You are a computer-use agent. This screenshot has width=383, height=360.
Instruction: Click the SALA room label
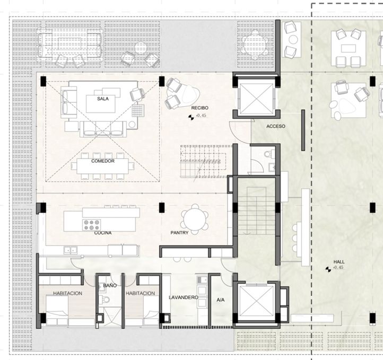coord(103,99)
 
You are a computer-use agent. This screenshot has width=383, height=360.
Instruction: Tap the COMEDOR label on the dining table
coord(103,161)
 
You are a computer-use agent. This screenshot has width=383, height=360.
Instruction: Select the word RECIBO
coord(200,108)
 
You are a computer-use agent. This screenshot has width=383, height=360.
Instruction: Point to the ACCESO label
coord(276,126)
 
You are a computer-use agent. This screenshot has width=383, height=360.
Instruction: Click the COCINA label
coord(103,233)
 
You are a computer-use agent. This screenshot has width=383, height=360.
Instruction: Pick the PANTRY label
coord(179,233)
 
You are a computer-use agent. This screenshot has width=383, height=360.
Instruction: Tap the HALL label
coord(339,262)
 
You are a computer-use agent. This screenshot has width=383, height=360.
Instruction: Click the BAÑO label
coord(110,285)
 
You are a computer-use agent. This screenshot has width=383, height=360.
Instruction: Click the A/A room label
coord(221,300)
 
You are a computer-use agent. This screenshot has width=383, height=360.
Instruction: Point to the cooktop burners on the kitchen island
coord(92,225)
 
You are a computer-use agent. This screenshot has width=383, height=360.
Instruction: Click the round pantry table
coord(195,219)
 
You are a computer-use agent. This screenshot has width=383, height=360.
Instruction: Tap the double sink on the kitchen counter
coord(71,250)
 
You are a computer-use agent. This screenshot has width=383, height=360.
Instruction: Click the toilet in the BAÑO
coord(106,300)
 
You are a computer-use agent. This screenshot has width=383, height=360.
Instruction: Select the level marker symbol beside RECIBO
coord(191,118)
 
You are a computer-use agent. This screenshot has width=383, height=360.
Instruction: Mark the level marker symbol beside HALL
coord(328,269)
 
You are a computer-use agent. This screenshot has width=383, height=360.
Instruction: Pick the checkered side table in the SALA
coord(138,111)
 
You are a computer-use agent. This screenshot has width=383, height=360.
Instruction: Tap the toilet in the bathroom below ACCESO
coord(267,154)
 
